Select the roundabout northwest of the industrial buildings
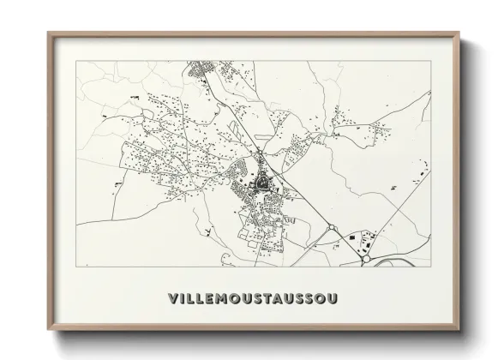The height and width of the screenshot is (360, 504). pyautogui.click(x=331, y=228)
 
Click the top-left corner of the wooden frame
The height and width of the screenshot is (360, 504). pyautogui.click(x=49, y=33)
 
